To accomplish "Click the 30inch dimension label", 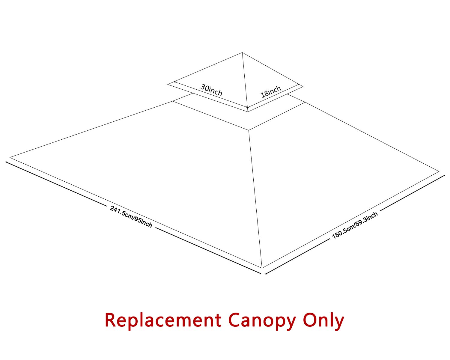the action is [x=211, y=90].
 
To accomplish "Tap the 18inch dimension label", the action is [x=271, y=91].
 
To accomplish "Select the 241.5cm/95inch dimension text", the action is [x=131, y=216].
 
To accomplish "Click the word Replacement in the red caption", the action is [x=163, y=320].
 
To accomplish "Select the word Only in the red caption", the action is [x=323, y=320].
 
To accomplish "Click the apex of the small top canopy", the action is [x=242, y=53].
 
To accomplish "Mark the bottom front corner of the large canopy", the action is [x=262, y=268].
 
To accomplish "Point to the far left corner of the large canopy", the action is [x=10, y=157].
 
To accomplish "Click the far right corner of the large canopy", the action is [x=439, y=171].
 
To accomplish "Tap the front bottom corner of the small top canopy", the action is [x=248, y=112].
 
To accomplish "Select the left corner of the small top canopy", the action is [x=168, y=84].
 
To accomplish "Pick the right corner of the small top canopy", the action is [x=303, y=87].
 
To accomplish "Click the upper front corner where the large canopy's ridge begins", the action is [x=249, y=130].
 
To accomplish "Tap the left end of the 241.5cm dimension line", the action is [x=6, y=162].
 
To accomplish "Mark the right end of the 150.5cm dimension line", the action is [x=444, y=175].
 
